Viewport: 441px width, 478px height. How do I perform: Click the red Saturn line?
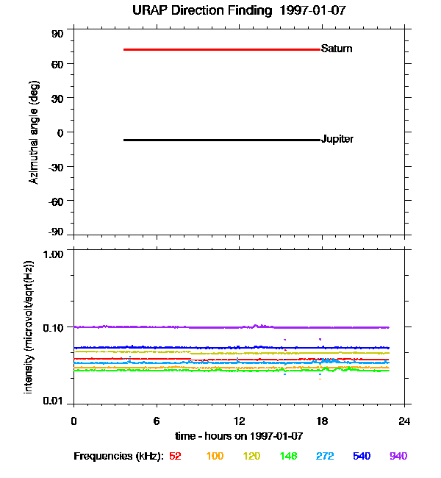(220, 49)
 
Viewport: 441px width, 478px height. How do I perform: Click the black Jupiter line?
(220, 140)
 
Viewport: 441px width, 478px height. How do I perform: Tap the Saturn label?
(337, 49)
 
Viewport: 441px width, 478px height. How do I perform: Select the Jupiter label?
(337, 140)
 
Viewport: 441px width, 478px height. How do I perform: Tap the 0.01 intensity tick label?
(54, 401)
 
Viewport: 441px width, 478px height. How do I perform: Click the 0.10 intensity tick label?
(54, 327)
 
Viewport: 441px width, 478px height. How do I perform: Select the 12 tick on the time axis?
(240, 421)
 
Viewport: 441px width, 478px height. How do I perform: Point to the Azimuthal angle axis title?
(34, 132)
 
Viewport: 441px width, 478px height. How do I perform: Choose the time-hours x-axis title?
(239, 436)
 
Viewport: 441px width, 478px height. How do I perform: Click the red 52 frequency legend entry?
(175, 456)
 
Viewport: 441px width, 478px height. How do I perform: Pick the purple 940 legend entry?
(398, 456)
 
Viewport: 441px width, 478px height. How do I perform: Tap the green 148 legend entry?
(287, 456)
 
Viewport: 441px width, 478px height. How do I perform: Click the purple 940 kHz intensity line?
(220, 327)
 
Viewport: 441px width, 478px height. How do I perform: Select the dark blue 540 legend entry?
(362, 456)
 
